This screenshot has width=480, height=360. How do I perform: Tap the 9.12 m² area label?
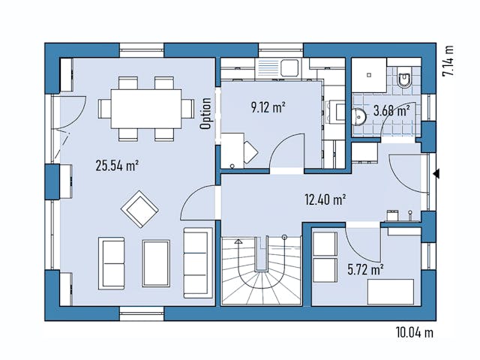pyautogui.click(x=267, y=107)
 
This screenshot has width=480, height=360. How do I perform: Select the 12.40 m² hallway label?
pyautogui.click(x=325, y=199)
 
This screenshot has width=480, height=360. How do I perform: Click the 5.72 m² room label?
pyautogui.click(x=365, y=268)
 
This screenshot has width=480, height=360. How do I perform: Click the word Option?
pyautogui.click(x=205, y=114)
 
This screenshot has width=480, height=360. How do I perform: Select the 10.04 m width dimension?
pyautogui.click(x=413, y=331)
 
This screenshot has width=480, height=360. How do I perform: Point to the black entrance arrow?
pyautogui.click(x=436, y=175)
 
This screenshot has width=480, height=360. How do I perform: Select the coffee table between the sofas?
pyautogui.click(x=156, y=262)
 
